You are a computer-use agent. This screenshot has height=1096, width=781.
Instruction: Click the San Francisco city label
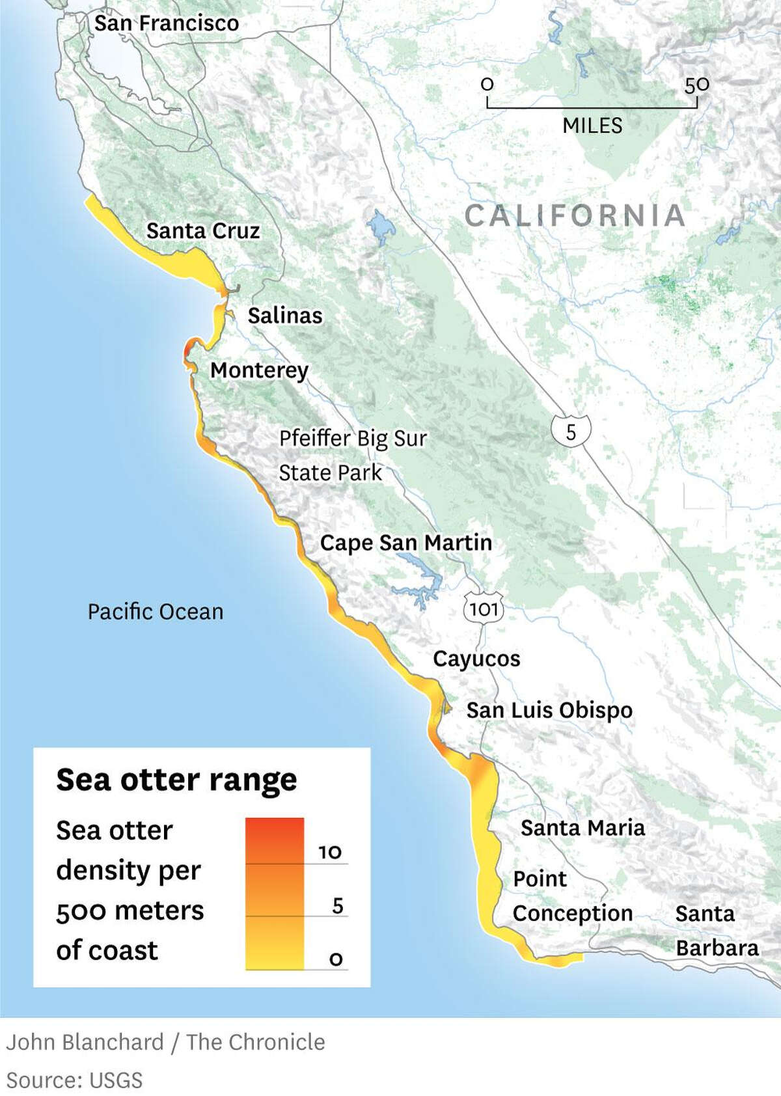pos(167,23)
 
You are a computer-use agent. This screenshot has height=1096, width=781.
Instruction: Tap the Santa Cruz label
pos(203,231)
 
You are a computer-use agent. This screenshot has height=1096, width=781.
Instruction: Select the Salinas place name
pos(285,316)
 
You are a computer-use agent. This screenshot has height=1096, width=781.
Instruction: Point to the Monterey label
pos(259,370)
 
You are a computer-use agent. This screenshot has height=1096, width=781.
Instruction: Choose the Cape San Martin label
pos(405,543)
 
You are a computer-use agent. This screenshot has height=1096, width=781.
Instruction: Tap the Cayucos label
pos(476,659)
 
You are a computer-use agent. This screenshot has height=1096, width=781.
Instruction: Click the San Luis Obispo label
pos(549,710)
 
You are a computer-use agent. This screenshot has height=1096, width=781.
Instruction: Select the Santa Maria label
pos(582,828)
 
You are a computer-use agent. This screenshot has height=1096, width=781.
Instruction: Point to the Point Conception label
pos(572,896)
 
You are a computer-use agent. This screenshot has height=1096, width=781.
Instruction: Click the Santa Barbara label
pos(716,931)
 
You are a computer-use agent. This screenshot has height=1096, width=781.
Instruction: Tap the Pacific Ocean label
pos(156,612)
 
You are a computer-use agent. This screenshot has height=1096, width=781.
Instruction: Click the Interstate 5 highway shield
pos(571,432)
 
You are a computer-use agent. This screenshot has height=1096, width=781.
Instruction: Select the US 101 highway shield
pos(484,609)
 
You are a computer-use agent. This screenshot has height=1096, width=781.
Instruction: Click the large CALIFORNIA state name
pos(575,216)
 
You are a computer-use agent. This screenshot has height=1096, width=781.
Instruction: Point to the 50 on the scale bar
pos(696,85)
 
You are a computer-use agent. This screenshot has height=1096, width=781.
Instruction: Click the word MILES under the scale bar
pos(592,126)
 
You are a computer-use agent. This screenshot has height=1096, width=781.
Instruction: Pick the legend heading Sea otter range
pos(176,780)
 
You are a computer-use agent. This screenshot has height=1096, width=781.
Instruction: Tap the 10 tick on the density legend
pos(330,852)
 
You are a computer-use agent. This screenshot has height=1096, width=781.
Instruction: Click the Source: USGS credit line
pos(74,1080)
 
